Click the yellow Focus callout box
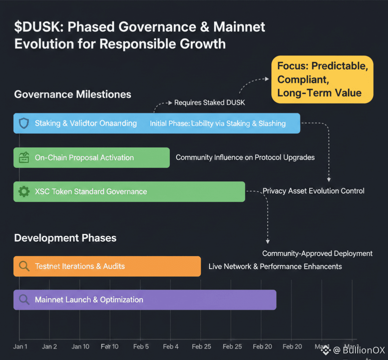pyautogui.click(x=322, y=79)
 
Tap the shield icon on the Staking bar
pyautogui.click(x=24, y=123)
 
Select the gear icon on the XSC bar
pyautogui.click(x=24, y=191)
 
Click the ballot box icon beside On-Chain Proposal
pyautogui.click(x=24, y=157)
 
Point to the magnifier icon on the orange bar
pyautogui.click(x=24, y=266)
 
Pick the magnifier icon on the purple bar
pyautogui.click(x=24, y=300)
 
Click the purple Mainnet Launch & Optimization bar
pyautogui.click(x=152, y=300)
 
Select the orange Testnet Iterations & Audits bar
pyautogui.click(x=114, y=266)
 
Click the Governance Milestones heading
pyautogui.click(x=73, y=94)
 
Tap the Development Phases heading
pyautogui.click(x=65, y=238)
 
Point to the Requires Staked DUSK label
pyautogui.click(x=210, y=103)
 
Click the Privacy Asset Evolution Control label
pyautogui.click(x=313, y=191)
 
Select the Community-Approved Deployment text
pyautogui.click(x=317, y=253)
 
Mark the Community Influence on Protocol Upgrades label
pyautogui.click(x=245, y=157)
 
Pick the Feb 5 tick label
pyautogui.click(x=141, y=346)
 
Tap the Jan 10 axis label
pyautogui.click(x=80, y=346)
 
